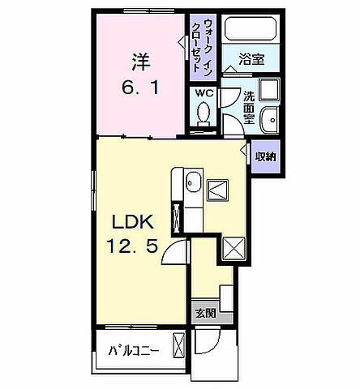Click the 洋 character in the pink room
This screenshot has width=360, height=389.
pos(139,60)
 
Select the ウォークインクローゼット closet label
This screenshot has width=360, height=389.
pos(202,45)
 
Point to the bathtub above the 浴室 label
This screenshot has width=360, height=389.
pos(250,30)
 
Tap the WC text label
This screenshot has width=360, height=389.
pos(203,94)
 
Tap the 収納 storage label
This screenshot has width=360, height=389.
pos(264,157)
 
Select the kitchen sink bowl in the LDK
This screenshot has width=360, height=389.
pos(192,185)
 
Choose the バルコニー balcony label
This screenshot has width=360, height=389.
pos(135,351)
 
